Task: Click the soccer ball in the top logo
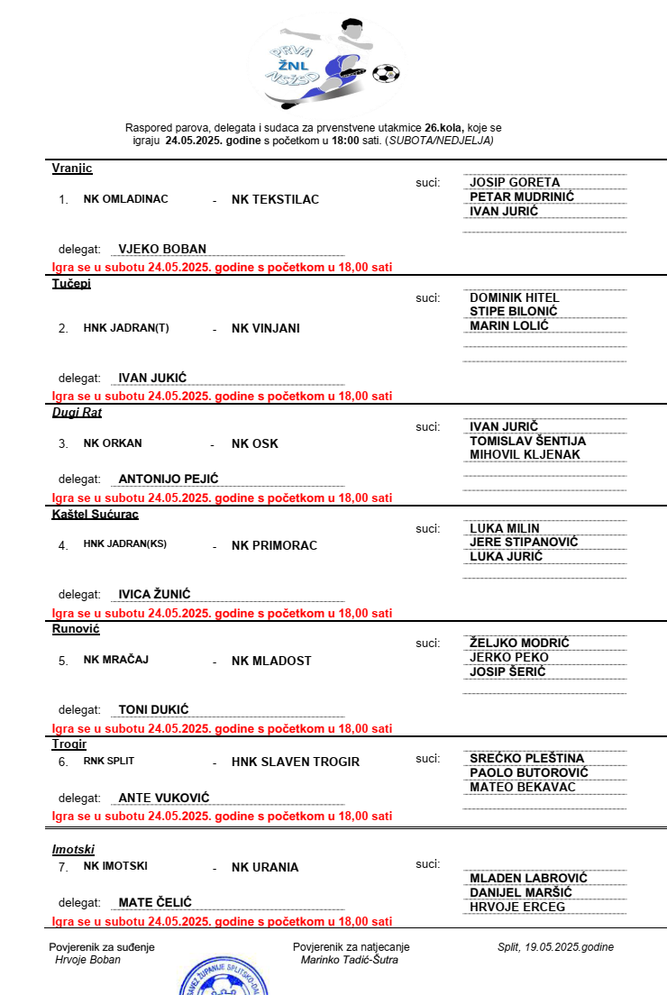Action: (387, 73)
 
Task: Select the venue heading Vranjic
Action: (72, 169)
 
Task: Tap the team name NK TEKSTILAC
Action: (275, 199)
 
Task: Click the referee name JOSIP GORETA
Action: (515, 182)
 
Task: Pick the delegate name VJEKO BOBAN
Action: (162, 250)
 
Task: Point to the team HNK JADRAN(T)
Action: (126, 328)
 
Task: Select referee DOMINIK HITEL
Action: (515, 297)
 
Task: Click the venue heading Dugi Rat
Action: (77, 413)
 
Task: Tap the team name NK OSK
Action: (255, 443)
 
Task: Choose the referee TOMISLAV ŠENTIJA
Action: (527, 441)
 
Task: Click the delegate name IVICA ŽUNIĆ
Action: (155, 595)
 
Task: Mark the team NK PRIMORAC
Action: (274, 545)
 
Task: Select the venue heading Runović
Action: (76, 629)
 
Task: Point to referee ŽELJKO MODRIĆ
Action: (519, 643)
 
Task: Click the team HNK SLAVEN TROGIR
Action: (296, 762)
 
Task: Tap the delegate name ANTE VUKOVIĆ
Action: (164, 799)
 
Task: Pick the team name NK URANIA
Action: (265, 867)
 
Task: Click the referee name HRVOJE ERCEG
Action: (517, 907)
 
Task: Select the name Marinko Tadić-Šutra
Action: (349, 960)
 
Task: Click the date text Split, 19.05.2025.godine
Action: (555, 947)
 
